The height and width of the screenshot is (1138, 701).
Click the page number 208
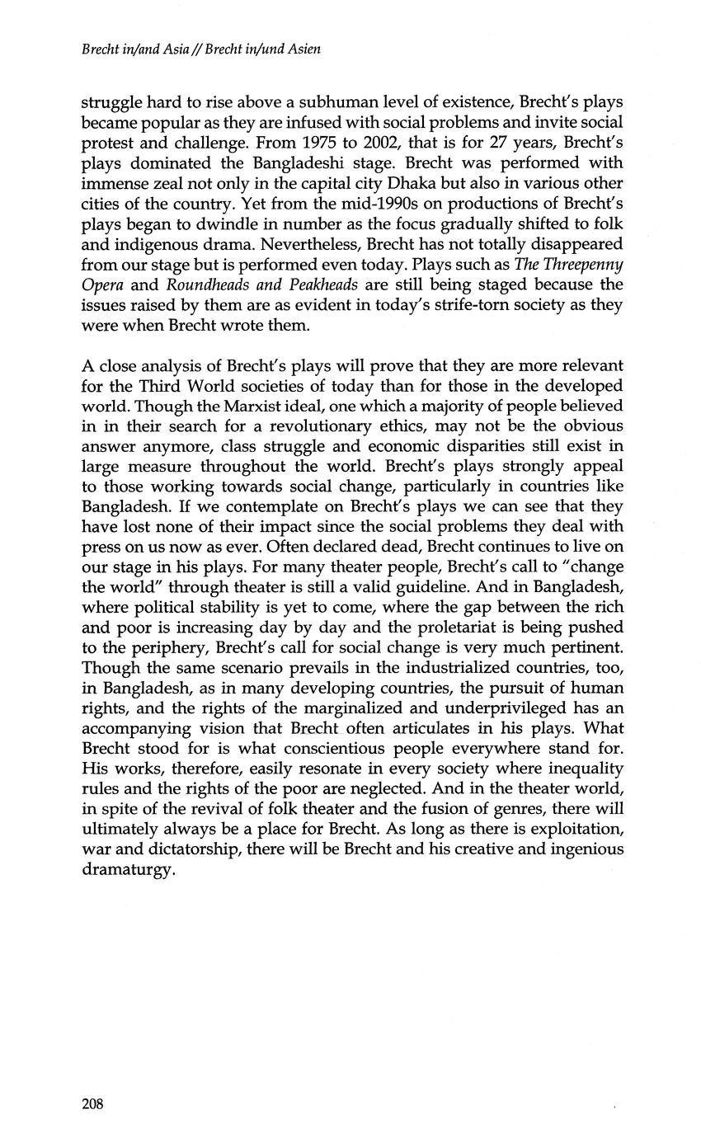coord(92,1104)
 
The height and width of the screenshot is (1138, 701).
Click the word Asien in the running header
coord(301,49)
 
